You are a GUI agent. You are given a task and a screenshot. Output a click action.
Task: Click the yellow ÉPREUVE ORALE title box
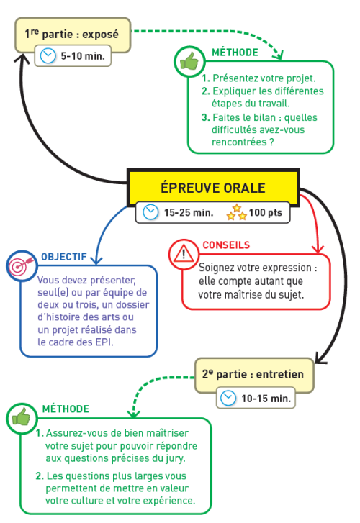[x=213, y=187]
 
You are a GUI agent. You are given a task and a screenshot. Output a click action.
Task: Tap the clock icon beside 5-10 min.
[x=48, y=55]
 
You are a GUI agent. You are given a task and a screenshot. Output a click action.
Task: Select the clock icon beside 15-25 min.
[x=150, y=212]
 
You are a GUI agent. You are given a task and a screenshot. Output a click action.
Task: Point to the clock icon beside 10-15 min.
[x=228, y=398]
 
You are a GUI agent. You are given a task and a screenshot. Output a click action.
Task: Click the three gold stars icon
[x=236, y=212]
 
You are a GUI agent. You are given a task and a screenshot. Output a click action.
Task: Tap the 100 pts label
[x=265, y=212]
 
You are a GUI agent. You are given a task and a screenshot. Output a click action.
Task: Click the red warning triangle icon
[x=184, y=255]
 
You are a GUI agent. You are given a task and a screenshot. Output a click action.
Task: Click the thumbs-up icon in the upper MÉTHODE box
[x=189, y=61]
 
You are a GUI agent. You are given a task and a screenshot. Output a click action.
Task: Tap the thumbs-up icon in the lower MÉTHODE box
[x=22, y=418]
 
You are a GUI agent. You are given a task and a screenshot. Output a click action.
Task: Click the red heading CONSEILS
[x=226, y=245]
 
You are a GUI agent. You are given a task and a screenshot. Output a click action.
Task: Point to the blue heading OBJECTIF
[x=64, y=257]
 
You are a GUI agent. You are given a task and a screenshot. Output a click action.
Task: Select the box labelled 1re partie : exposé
[x=73, y=35]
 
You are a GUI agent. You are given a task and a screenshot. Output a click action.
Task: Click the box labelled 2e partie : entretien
[x=254, y=375]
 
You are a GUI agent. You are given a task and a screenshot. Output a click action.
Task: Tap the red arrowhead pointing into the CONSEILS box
[x=318, y=249]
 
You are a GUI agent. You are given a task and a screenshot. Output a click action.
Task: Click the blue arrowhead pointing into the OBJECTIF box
[x=96, y=260]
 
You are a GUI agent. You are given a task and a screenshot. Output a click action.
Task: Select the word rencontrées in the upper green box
[x=239, y=142]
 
